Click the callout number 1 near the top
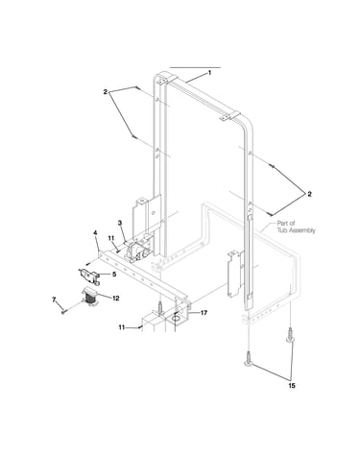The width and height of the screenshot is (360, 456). pyautogui.click(x=209, y=73)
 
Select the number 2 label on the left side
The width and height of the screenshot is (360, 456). pyautogui.click(x=106, y=92)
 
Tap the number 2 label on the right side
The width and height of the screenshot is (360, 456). pyautogui.click(x=309, y=194)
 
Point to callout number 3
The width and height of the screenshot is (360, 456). pyautogui.click(x=120, y=223)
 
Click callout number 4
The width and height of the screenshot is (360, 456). pyautogui.click(x=95, y=232)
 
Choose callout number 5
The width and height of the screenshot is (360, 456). pyautogui.click(x=114, y=275)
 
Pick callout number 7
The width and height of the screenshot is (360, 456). pyautogui.click(x=54, y=300)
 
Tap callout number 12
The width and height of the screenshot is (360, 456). pyautogui.click(x=115, y=298)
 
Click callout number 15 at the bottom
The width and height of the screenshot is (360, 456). pyautogui.click(x=292, y=386)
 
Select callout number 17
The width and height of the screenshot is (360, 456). pyautogui.click(x=204, y=313)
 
